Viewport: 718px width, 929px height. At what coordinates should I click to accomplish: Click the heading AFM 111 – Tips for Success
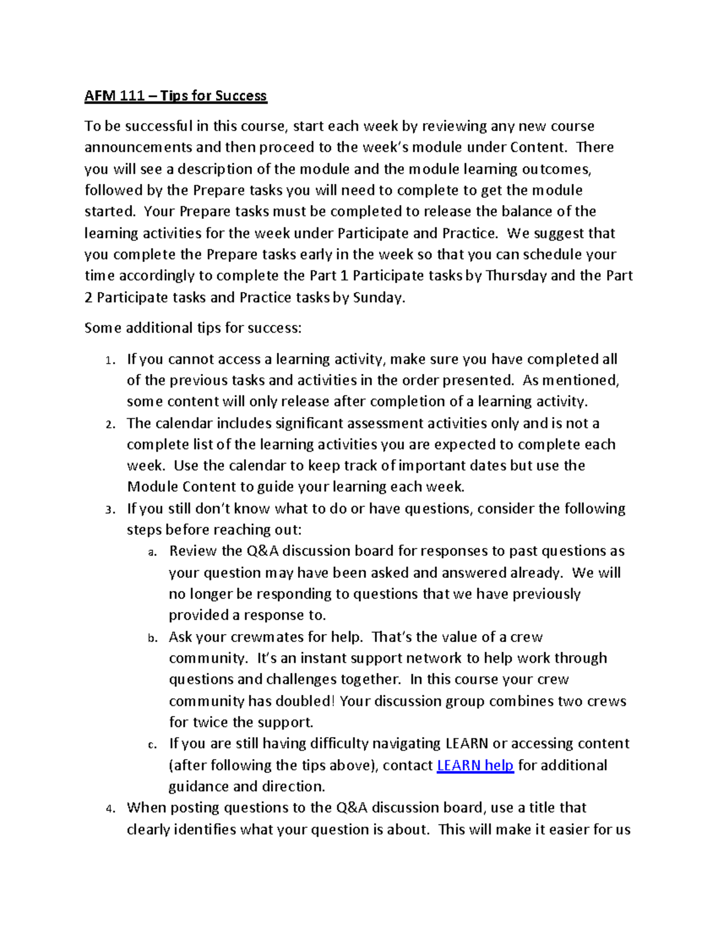point(175,96)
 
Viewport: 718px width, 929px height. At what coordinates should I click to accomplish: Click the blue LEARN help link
point(475,765)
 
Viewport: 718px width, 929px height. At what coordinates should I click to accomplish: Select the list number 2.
point(109,424)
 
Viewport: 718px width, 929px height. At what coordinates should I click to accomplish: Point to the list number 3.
point(109,510)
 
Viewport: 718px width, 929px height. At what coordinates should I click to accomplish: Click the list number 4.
point(109,809)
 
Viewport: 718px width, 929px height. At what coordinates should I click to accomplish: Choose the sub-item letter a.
point(152,552)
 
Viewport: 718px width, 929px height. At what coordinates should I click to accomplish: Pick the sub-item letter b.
point(152,638)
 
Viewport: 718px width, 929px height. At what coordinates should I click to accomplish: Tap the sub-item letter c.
point(152,745)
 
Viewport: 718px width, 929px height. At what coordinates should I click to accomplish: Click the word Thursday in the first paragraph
point(516,276)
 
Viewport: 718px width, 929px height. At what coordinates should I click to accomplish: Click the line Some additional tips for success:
point(193,328)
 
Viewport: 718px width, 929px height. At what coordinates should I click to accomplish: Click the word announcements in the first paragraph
point(139,147)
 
